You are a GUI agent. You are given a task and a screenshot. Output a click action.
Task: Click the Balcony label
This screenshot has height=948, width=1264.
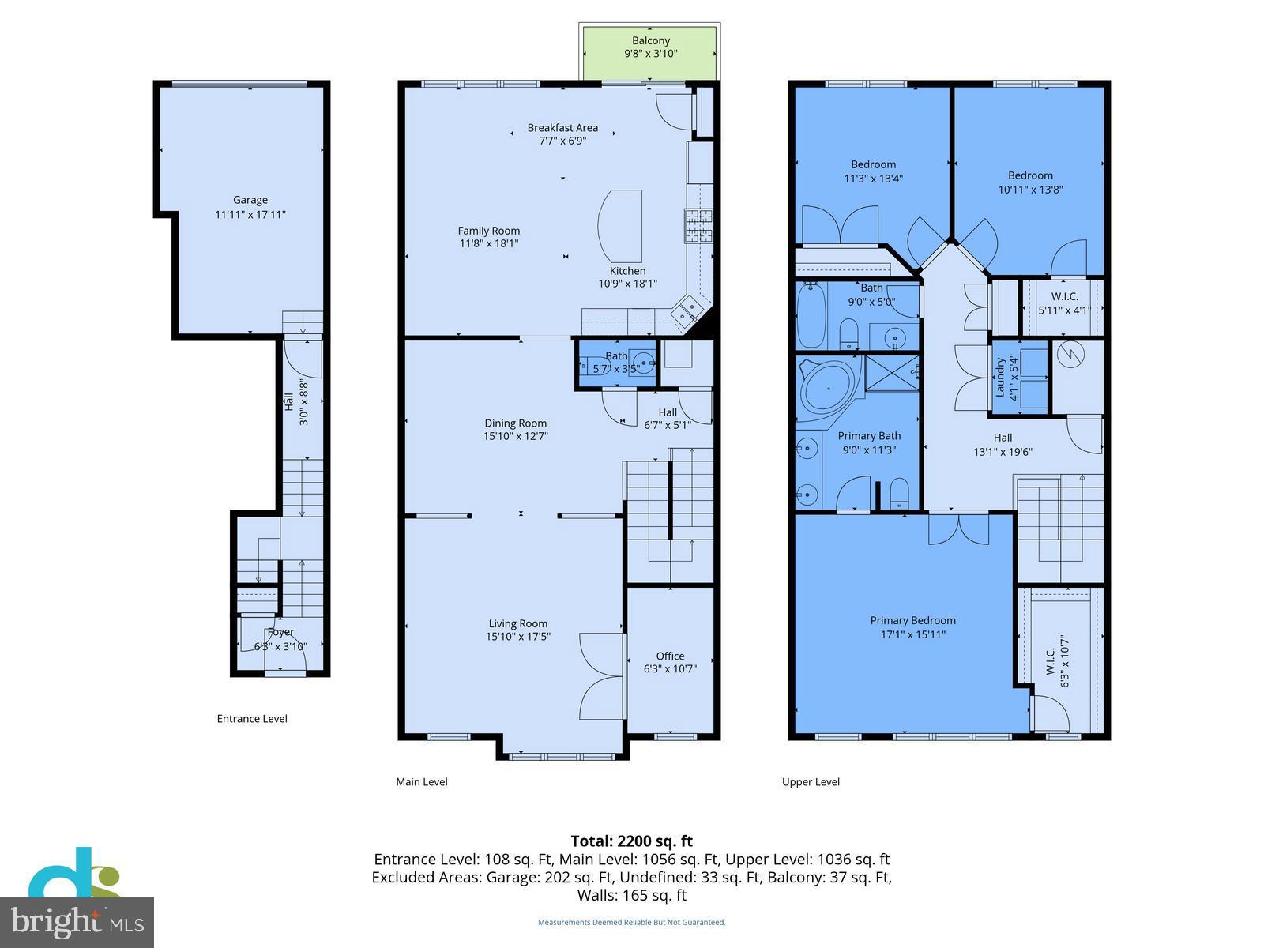[x=650, y=40]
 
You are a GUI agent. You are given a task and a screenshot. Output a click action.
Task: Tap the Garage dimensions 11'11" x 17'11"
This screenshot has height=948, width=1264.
[x=250, y=214]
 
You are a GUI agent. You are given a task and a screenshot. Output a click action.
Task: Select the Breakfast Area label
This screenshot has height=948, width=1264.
[x=562, y=127]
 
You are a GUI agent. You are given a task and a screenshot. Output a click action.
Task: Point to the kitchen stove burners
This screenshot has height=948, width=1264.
[x=698, y=225]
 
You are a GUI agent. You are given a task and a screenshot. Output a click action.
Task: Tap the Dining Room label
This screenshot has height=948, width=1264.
[x=515, y=423]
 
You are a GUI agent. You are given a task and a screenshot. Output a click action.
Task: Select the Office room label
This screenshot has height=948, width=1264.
[x=670, y=656]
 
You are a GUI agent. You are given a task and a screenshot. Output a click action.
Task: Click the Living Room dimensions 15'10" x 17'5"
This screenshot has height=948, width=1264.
[x=517, y=636]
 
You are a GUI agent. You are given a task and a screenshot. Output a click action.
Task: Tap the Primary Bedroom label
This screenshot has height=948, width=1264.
[x=912, y=620]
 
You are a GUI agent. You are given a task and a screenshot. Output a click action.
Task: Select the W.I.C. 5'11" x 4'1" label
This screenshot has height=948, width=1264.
[x=1064, y=303]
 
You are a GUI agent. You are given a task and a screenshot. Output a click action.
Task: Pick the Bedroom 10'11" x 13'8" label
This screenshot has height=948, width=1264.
[x=1029, y=175]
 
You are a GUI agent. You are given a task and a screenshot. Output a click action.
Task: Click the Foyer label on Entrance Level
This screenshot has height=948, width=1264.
[x=280, y=632]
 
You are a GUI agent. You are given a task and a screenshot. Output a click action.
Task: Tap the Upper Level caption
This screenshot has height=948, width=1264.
[x=811, y=782]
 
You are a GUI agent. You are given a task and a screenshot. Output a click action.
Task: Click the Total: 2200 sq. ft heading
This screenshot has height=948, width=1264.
[x=631, y=841]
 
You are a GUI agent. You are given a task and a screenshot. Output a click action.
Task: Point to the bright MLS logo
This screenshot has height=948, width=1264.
[x=77, y=922]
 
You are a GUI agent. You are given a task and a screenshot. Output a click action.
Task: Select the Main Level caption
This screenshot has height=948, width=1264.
[x=421, y=782]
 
